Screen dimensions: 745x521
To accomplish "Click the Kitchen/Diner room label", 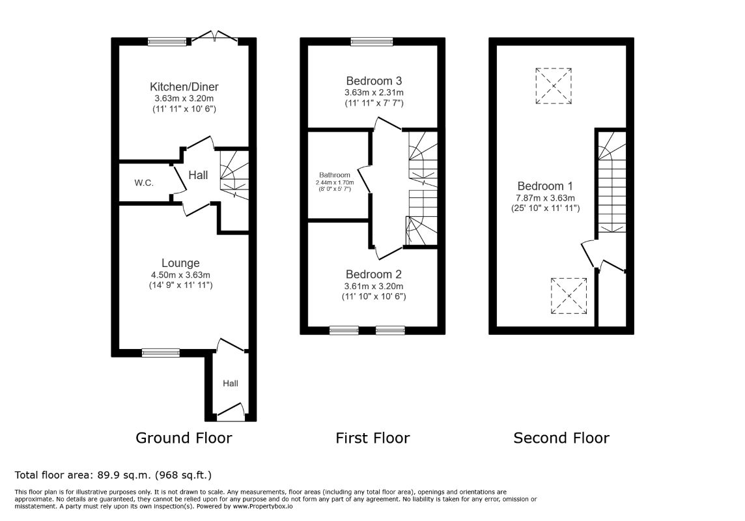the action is pos(184,87).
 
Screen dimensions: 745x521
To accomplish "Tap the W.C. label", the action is pos(143,183).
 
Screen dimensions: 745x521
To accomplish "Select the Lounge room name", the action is pos(180,263).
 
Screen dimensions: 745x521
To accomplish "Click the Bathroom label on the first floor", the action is pos(335,175).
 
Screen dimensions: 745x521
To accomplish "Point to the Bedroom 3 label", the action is pos(374,81).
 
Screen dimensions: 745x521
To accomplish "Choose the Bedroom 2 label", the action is pos(373,274).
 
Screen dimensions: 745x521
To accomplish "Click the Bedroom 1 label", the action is pos(545,186).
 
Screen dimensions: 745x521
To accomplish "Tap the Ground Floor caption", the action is pos(184,438).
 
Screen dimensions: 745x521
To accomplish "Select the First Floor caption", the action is pos(372,438).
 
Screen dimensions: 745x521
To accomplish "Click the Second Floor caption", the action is pos(561,438).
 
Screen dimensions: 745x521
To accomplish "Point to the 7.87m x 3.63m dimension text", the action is pos(546,198).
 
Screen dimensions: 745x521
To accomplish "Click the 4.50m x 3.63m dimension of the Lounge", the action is pos(180,275).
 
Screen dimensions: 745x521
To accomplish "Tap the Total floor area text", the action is pos(113,475).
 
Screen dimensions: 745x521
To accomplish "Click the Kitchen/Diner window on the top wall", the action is pos(167,42).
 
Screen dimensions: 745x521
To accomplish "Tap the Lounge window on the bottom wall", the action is pos(161,353).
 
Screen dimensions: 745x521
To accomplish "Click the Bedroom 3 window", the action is pos(372,42).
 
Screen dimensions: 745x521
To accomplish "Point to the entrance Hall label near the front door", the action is pos(231,384).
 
